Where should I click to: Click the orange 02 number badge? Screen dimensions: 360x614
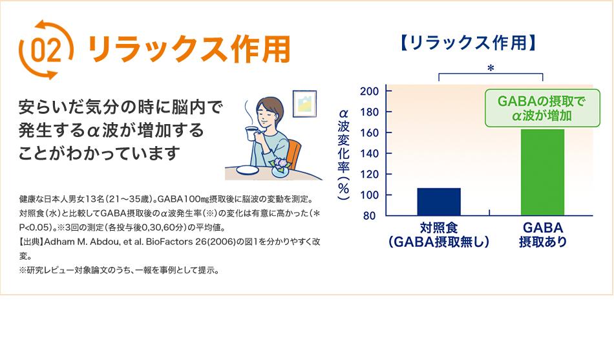tap(46, 49)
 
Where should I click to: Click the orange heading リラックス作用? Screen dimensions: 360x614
tap(189, 49)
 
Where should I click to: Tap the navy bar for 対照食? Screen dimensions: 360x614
tap(439, 202)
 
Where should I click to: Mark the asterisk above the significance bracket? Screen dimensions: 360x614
tap(491, 68)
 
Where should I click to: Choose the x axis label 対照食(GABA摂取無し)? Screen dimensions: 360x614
tap(439, 235)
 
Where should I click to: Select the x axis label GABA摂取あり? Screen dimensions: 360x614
tap(542, 235)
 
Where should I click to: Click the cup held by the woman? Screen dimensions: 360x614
tap(251, 133)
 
